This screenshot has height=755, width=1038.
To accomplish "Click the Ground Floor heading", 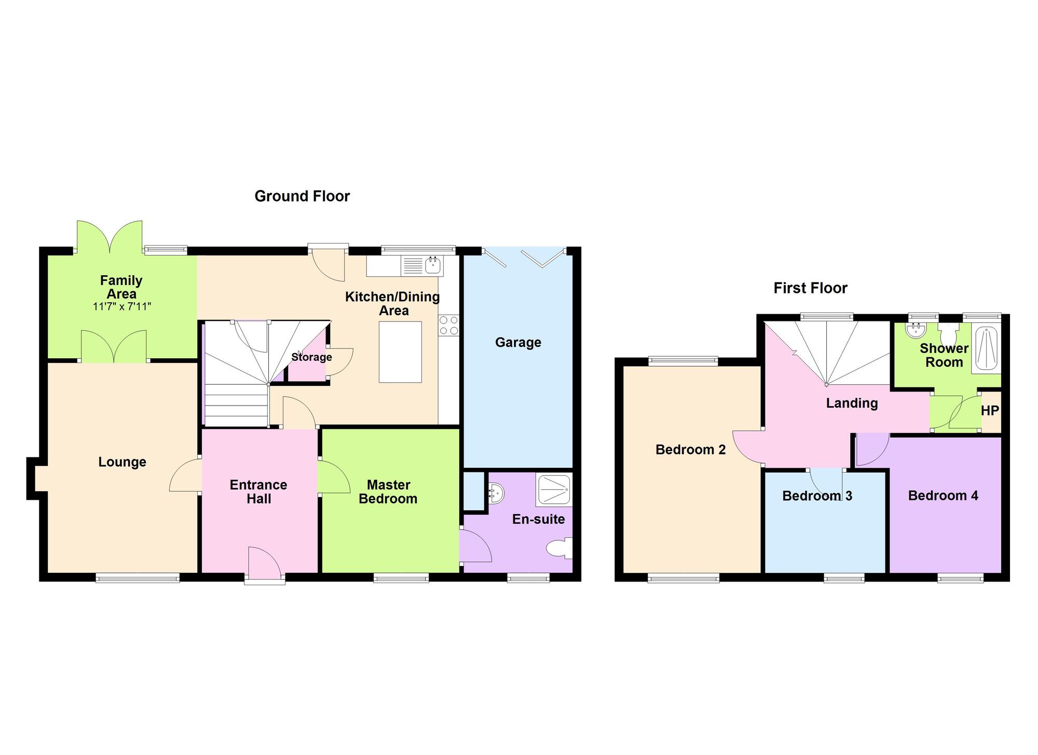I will [302, 196].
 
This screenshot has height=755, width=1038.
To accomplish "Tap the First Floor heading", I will [810, 288].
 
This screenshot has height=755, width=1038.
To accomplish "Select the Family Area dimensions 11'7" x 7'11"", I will [122, 306].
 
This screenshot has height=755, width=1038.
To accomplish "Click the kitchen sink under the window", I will [432, 266].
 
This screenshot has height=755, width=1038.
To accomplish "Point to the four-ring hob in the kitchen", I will [449, 325].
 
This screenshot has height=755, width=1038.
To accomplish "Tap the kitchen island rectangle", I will [400, 352].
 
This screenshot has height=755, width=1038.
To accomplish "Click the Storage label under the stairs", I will [311, 357].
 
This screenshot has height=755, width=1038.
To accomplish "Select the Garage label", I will [518, 343].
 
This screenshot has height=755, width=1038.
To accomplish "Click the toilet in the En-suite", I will [558, 548].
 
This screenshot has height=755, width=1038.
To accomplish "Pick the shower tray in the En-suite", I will [554, 490].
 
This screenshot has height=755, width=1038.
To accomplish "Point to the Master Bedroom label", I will [388, 492].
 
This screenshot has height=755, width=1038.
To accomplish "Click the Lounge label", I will [122, 462].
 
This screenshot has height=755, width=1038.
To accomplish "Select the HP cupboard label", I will [990, 411].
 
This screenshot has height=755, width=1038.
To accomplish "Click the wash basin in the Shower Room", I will [916, 329].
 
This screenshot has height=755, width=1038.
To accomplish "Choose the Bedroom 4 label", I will [943, 496].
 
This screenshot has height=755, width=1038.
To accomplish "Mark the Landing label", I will [852, 403].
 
